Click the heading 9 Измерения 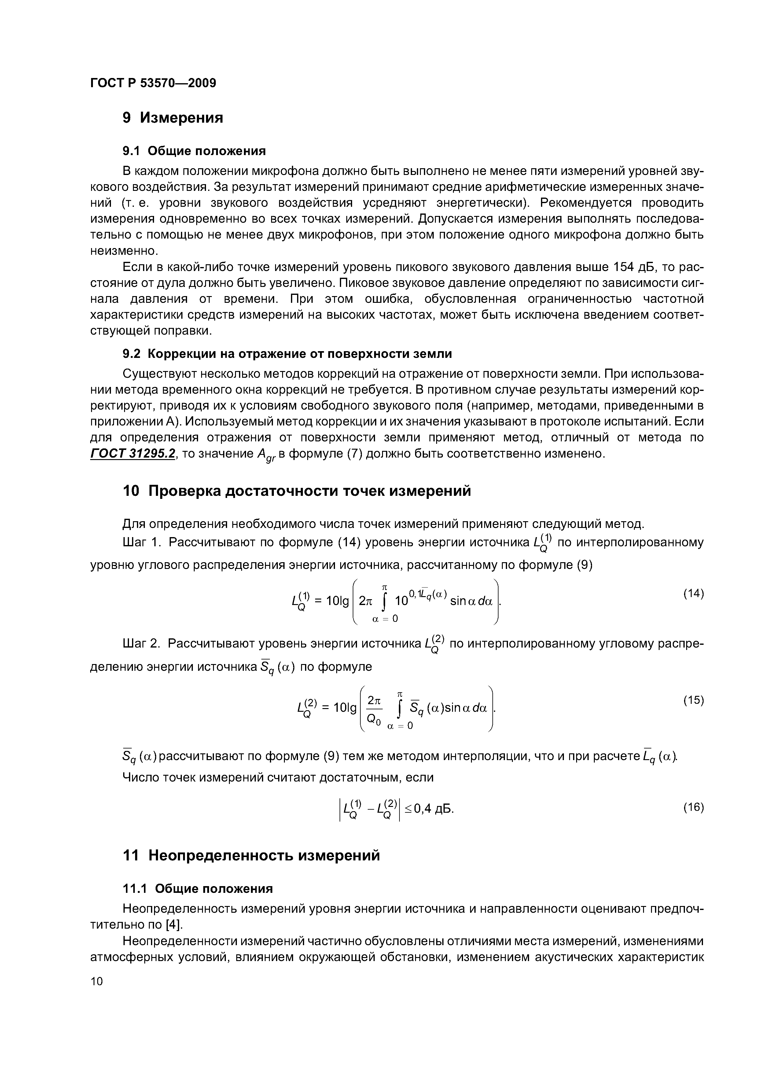173,118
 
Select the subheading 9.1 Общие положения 194,151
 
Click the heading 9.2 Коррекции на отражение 287,354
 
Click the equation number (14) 693,593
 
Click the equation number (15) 693,700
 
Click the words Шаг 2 141,644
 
